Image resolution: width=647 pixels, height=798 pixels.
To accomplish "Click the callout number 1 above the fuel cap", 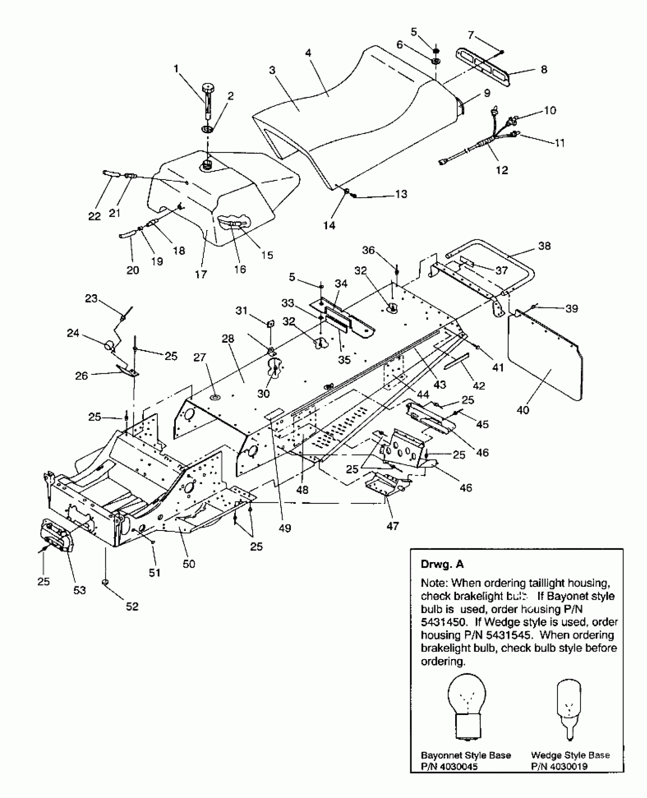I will (176, 69).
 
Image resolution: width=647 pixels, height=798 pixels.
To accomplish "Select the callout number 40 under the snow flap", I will (523, 410).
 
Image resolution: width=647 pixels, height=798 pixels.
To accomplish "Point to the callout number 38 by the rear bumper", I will (545, 246).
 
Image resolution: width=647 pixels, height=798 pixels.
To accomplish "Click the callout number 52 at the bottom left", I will (132, 607).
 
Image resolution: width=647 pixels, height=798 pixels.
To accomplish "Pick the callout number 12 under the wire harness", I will (502, 170).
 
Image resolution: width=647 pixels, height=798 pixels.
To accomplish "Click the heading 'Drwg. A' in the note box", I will (442, 564).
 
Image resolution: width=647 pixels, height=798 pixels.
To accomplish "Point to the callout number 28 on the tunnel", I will (228, 338).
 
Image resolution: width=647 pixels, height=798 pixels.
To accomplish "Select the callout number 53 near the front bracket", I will (80, 590).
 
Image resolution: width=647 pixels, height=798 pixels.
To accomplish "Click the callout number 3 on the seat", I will (272, 70).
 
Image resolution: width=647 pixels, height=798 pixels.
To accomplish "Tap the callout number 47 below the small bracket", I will (393, 526).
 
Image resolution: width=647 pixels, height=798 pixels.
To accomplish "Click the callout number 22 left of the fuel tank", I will (94, 216).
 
